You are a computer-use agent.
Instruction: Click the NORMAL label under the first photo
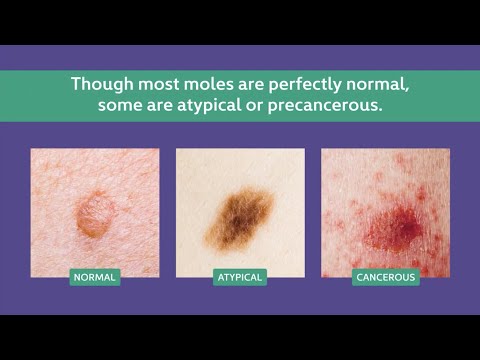[x=95, y=277]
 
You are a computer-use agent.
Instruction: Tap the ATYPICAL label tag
[x=240, y=277]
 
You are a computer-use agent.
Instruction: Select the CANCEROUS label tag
[x=385, y=277]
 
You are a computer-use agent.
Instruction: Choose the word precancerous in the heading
[x=329, y=106]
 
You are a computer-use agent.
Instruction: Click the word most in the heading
[x=147, y=84]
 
